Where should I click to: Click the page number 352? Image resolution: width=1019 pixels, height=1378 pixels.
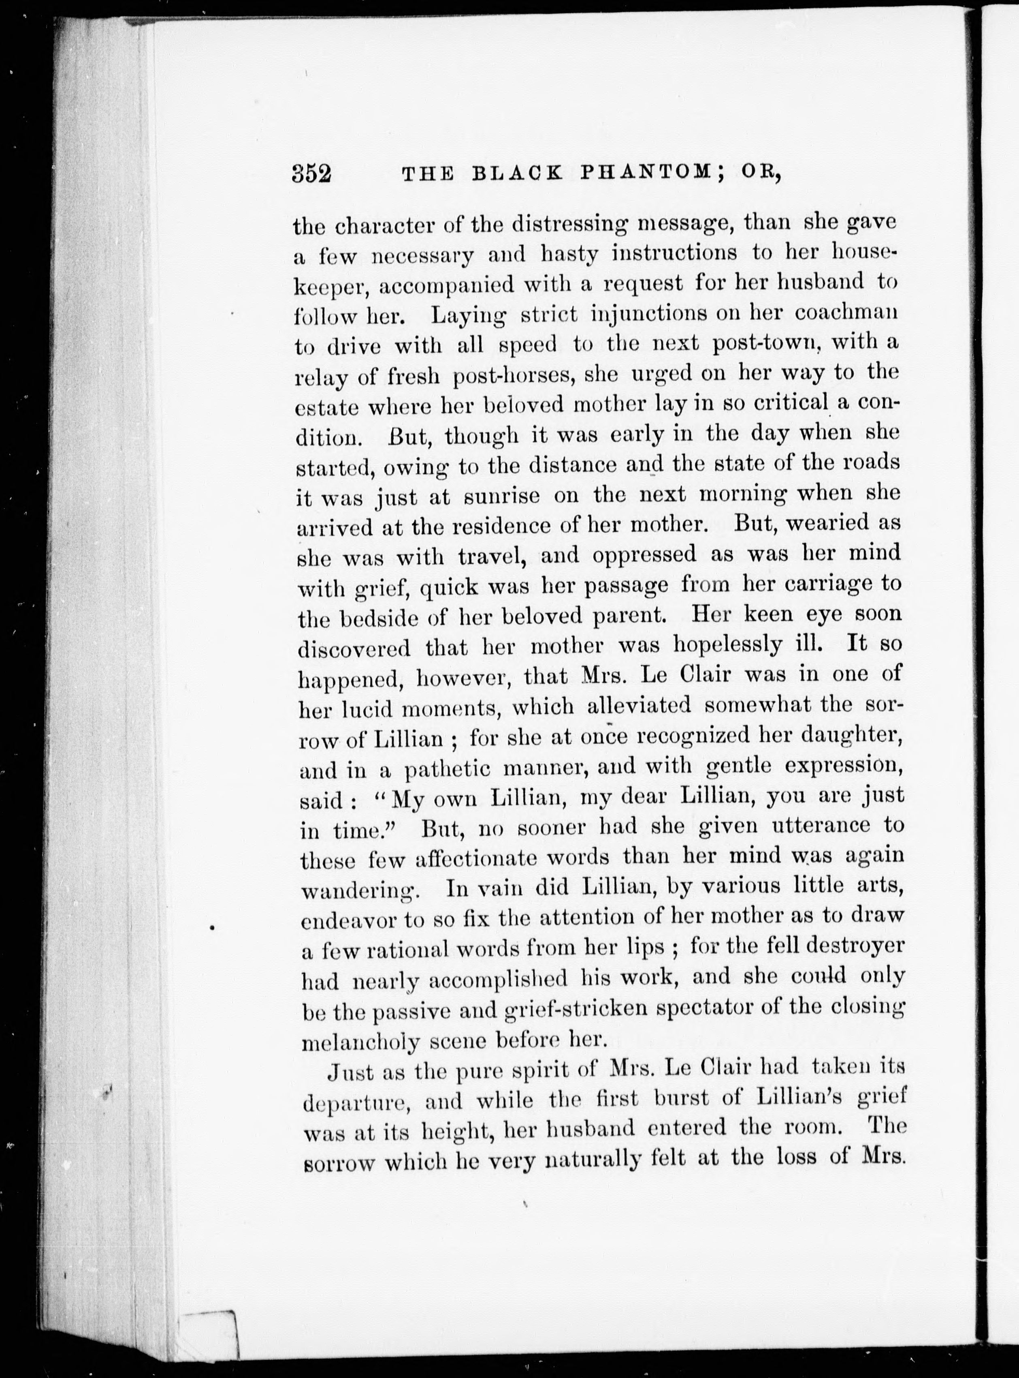312,175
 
